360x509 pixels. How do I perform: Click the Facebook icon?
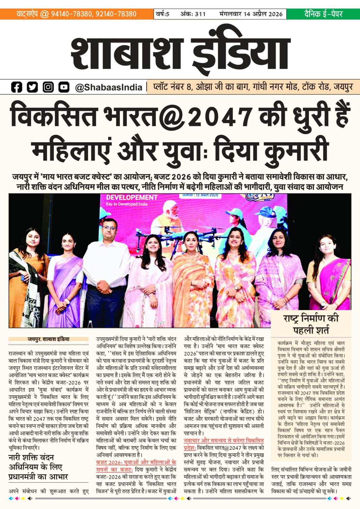coord(16,87)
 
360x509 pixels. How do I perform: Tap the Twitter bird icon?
coord(32,87)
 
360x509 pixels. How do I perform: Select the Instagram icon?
coord(48,87)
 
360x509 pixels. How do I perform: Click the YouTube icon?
coord(64,87)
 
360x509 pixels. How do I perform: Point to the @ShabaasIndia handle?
coord(109,87)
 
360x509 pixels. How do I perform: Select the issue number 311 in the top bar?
coord(200,14)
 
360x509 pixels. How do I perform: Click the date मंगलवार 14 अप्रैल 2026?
coord(251,14)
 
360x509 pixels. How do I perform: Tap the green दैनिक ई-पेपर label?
coord(323,14)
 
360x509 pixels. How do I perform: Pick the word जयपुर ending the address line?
coord(343,87)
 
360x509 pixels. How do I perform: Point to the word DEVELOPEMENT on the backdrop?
coord(131,198)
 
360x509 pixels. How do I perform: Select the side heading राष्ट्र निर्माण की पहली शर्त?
coord(311,324)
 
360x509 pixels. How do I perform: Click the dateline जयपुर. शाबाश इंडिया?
coord(49,339)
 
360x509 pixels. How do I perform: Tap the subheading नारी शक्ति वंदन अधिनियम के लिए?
coord(35,462)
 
